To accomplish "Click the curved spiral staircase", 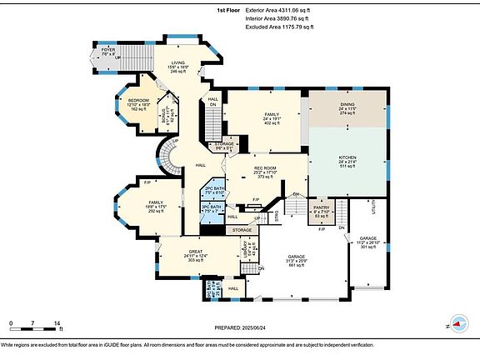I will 172,156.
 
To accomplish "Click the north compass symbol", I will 458,326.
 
